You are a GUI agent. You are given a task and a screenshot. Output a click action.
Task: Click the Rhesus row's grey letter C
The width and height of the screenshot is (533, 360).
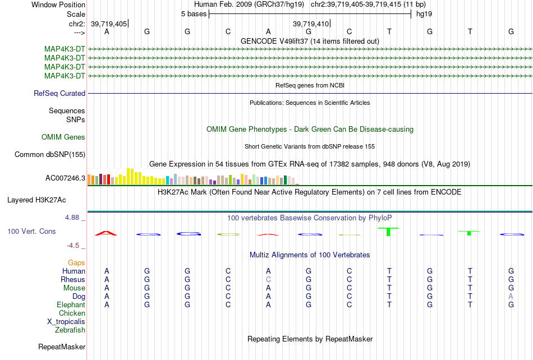[268, 279]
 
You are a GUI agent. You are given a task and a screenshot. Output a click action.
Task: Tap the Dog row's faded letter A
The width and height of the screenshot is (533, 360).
[511, 296]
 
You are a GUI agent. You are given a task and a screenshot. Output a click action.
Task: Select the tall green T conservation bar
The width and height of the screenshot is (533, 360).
[388, 232]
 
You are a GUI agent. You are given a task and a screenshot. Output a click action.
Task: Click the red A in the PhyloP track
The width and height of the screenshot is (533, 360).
[106, 233]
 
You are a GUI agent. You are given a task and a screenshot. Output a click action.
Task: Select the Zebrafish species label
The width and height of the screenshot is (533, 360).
[70, 330]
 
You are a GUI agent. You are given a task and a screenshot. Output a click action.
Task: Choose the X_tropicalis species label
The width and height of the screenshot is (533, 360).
[66, 322]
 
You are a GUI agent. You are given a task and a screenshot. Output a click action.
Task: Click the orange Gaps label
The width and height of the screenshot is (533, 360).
[76, 262]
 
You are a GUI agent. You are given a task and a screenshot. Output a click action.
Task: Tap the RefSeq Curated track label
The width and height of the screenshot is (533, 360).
[59, 93]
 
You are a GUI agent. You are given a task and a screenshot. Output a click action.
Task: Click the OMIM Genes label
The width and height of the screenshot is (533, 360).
[63, 137]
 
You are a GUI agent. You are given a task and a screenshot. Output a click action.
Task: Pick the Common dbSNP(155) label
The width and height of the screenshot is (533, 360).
[50, 155]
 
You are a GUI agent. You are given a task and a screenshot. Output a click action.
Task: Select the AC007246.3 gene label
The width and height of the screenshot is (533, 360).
[65, 178]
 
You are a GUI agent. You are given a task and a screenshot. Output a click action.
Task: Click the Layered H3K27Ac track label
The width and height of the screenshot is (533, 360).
[36, 200]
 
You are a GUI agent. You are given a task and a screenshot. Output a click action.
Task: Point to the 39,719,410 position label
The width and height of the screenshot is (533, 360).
[311, 24]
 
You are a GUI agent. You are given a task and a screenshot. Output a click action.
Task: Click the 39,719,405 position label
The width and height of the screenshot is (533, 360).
[109, 24]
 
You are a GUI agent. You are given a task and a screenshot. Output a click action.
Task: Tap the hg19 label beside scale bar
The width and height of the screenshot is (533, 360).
[424, 14]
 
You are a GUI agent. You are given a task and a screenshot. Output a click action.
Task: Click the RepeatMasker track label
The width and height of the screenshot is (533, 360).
[62, 347]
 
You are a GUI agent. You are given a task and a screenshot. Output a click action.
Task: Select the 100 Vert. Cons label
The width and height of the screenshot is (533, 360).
[31, 231]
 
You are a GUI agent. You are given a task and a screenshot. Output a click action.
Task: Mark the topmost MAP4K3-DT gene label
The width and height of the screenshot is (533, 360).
[65, 49]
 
